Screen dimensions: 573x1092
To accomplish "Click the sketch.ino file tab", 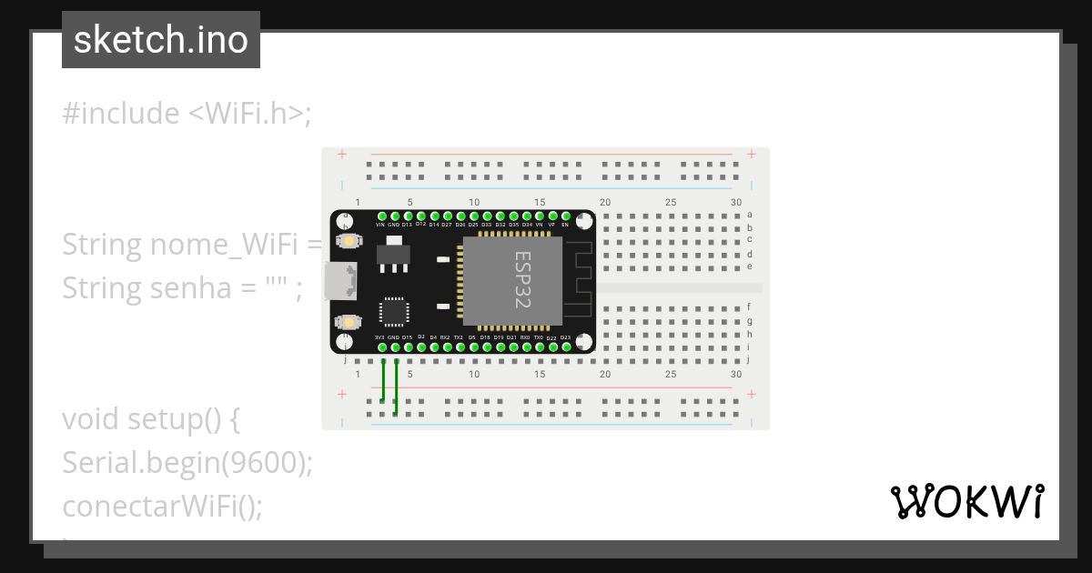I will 160,40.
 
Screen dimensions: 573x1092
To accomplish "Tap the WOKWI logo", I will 966,501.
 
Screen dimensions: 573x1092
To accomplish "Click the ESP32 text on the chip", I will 522,280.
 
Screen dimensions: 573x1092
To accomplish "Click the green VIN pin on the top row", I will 380,216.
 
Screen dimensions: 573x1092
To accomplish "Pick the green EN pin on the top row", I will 565,216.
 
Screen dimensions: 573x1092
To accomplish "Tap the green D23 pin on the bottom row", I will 565,347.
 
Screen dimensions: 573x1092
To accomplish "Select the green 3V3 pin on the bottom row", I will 380,347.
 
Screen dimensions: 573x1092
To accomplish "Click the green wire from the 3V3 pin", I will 383,380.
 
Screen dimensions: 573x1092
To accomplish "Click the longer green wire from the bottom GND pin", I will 396,387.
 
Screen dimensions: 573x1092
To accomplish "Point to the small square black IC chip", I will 394,312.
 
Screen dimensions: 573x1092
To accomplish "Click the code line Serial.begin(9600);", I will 187,463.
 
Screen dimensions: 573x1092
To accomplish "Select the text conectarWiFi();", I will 162,506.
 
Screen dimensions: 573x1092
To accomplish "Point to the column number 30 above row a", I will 735,202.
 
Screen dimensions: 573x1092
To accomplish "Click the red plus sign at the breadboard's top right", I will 752,155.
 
